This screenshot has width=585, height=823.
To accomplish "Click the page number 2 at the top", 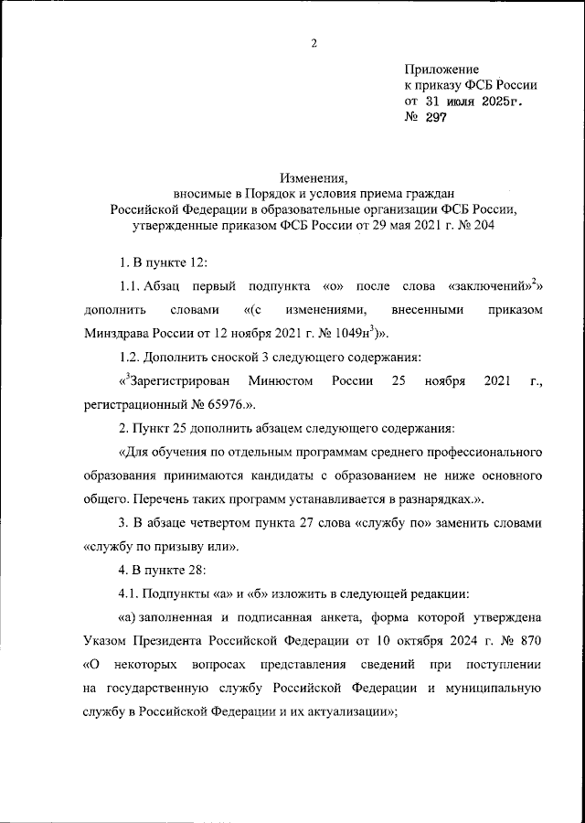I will coord(313,43).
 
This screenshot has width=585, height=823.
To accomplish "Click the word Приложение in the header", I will coord(441,69).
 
